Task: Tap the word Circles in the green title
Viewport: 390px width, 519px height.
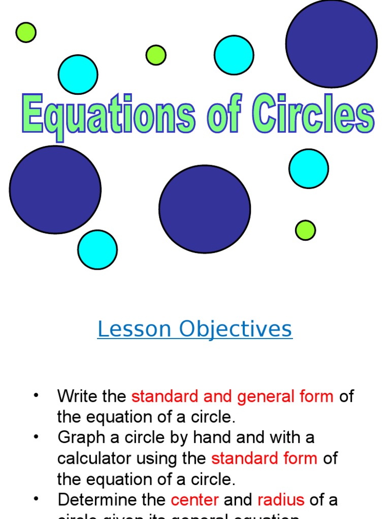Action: click(x=314, y=116)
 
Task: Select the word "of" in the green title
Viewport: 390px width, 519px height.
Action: click(x=224, y=116)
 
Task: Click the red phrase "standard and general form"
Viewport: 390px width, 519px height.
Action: click(x=233, y=396)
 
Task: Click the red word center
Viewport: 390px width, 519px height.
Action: click(x=195, y=500)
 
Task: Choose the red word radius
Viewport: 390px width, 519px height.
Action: click(x=281, y=500)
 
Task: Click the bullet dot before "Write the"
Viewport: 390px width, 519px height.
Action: click(x=36, y=395)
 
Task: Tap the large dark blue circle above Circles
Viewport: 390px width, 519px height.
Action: click(x=331, y=43)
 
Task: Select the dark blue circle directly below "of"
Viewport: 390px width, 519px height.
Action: click(x=205, y=209)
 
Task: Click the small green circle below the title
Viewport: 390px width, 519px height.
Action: click(x=305, y=230)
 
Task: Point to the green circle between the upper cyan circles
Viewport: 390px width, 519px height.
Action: click(x=156, y=55)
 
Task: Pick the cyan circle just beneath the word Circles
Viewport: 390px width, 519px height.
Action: click(x=309, y=168)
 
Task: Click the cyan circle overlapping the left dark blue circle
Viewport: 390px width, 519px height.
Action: click(x=97, y=249)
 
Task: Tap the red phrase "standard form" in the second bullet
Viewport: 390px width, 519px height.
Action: click(x=264, y=458)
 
